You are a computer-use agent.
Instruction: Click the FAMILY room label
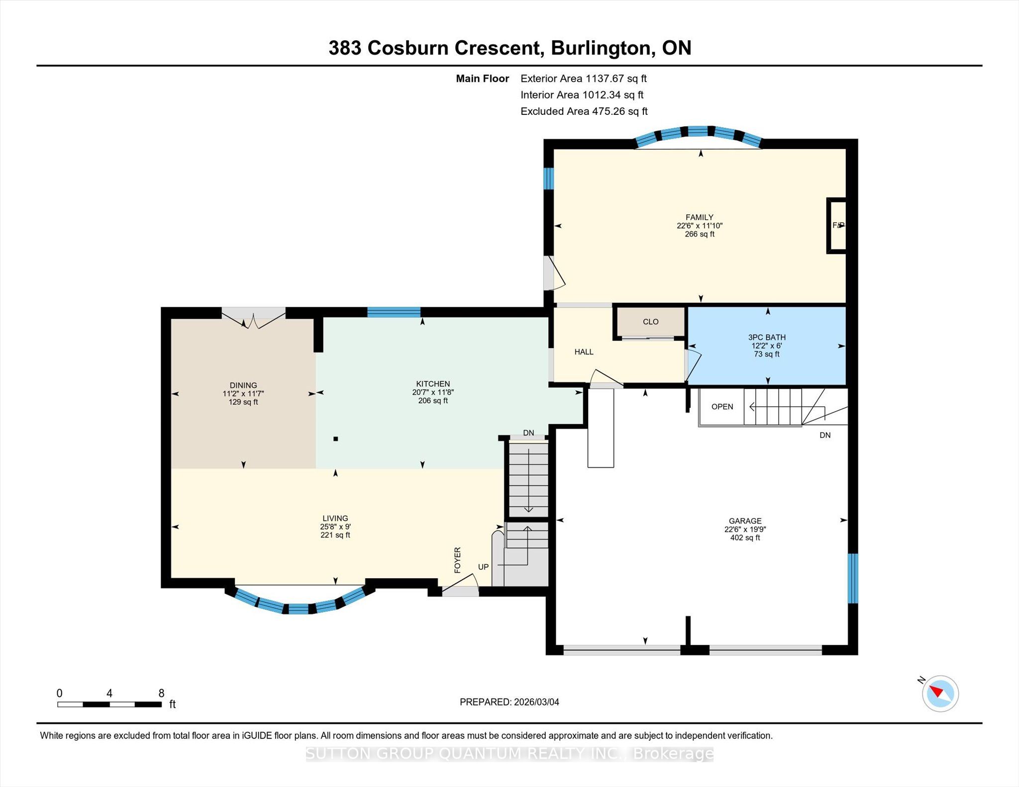point(699,217)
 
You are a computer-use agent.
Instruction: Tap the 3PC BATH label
point(766,337)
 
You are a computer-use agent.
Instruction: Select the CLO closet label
point(650,322)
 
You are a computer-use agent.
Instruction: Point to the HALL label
point(584,352)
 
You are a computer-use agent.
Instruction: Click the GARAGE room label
point(745,521)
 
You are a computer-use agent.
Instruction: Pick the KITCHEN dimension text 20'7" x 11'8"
point(433,392)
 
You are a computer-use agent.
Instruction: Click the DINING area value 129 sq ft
point(243,402)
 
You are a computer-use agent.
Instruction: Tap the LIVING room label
point(335,518)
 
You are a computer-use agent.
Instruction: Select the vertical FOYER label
point(458,560)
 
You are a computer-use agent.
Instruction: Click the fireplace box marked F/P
point(837,226)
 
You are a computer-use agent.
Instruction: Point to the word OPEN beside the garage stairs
point(722,407)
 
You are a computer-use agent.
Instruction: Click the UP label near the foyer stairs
point(483,567)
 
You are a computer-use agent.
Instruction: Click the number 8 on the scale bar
point(161,693)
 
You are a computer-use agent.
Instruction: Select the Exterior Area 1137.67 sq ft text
point(583,79)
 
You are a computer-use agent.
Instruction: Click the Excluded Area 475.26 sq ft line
point(584,111)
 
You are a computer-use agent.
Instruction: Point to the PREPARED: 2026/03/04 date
point(509,702)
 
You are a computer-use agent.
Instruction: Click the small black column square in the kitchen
point(336,439)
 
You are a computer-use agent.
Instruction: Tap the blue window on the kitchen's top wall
point(394,312)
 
